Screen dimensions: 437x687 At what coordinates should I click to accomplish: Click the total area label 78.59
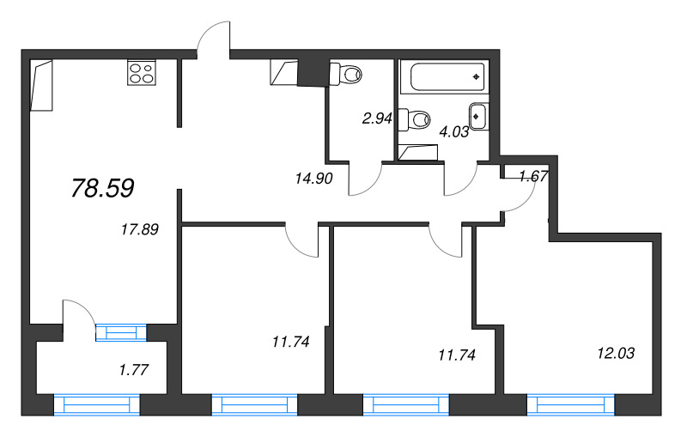[102, 189]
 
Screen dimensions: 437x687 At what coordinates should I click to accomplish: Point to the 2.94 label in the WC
[377, 119]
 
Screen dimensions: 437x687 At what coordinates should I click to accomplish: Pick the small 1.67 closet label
[533, 177]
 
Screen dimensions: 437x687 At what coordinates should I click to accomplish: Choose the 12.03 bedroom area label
[616, 352]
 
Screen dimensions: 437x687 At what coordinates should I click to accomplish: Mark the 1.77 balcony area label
[134, 371]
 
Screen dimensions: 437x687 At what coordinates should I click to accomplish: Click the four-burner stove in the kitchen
[142, 73]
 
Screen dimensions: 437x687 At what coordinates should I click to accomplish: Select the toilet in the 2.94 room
[349, 74]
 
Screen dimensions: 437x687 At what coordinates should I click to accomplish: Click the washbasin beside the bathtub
[478, 114]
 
